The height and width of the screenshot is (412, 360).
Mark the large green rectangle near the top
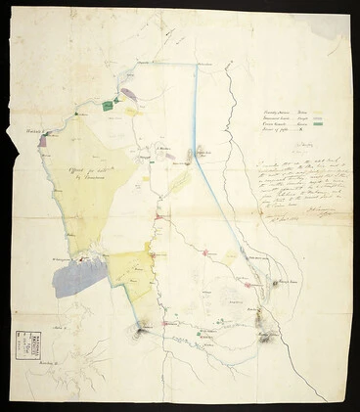pos(107,105)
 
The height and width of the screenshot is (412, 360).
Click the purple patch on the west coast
pos(43,141)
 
